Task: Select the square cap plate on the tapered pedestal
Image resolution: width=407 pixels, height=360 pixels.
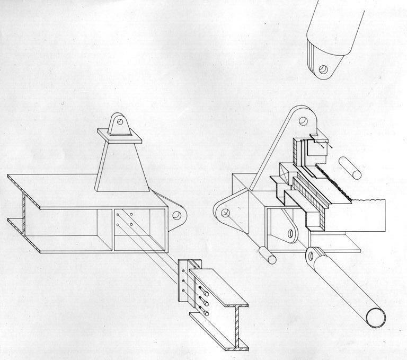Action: pyautogui.click(x=120, y=139)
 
